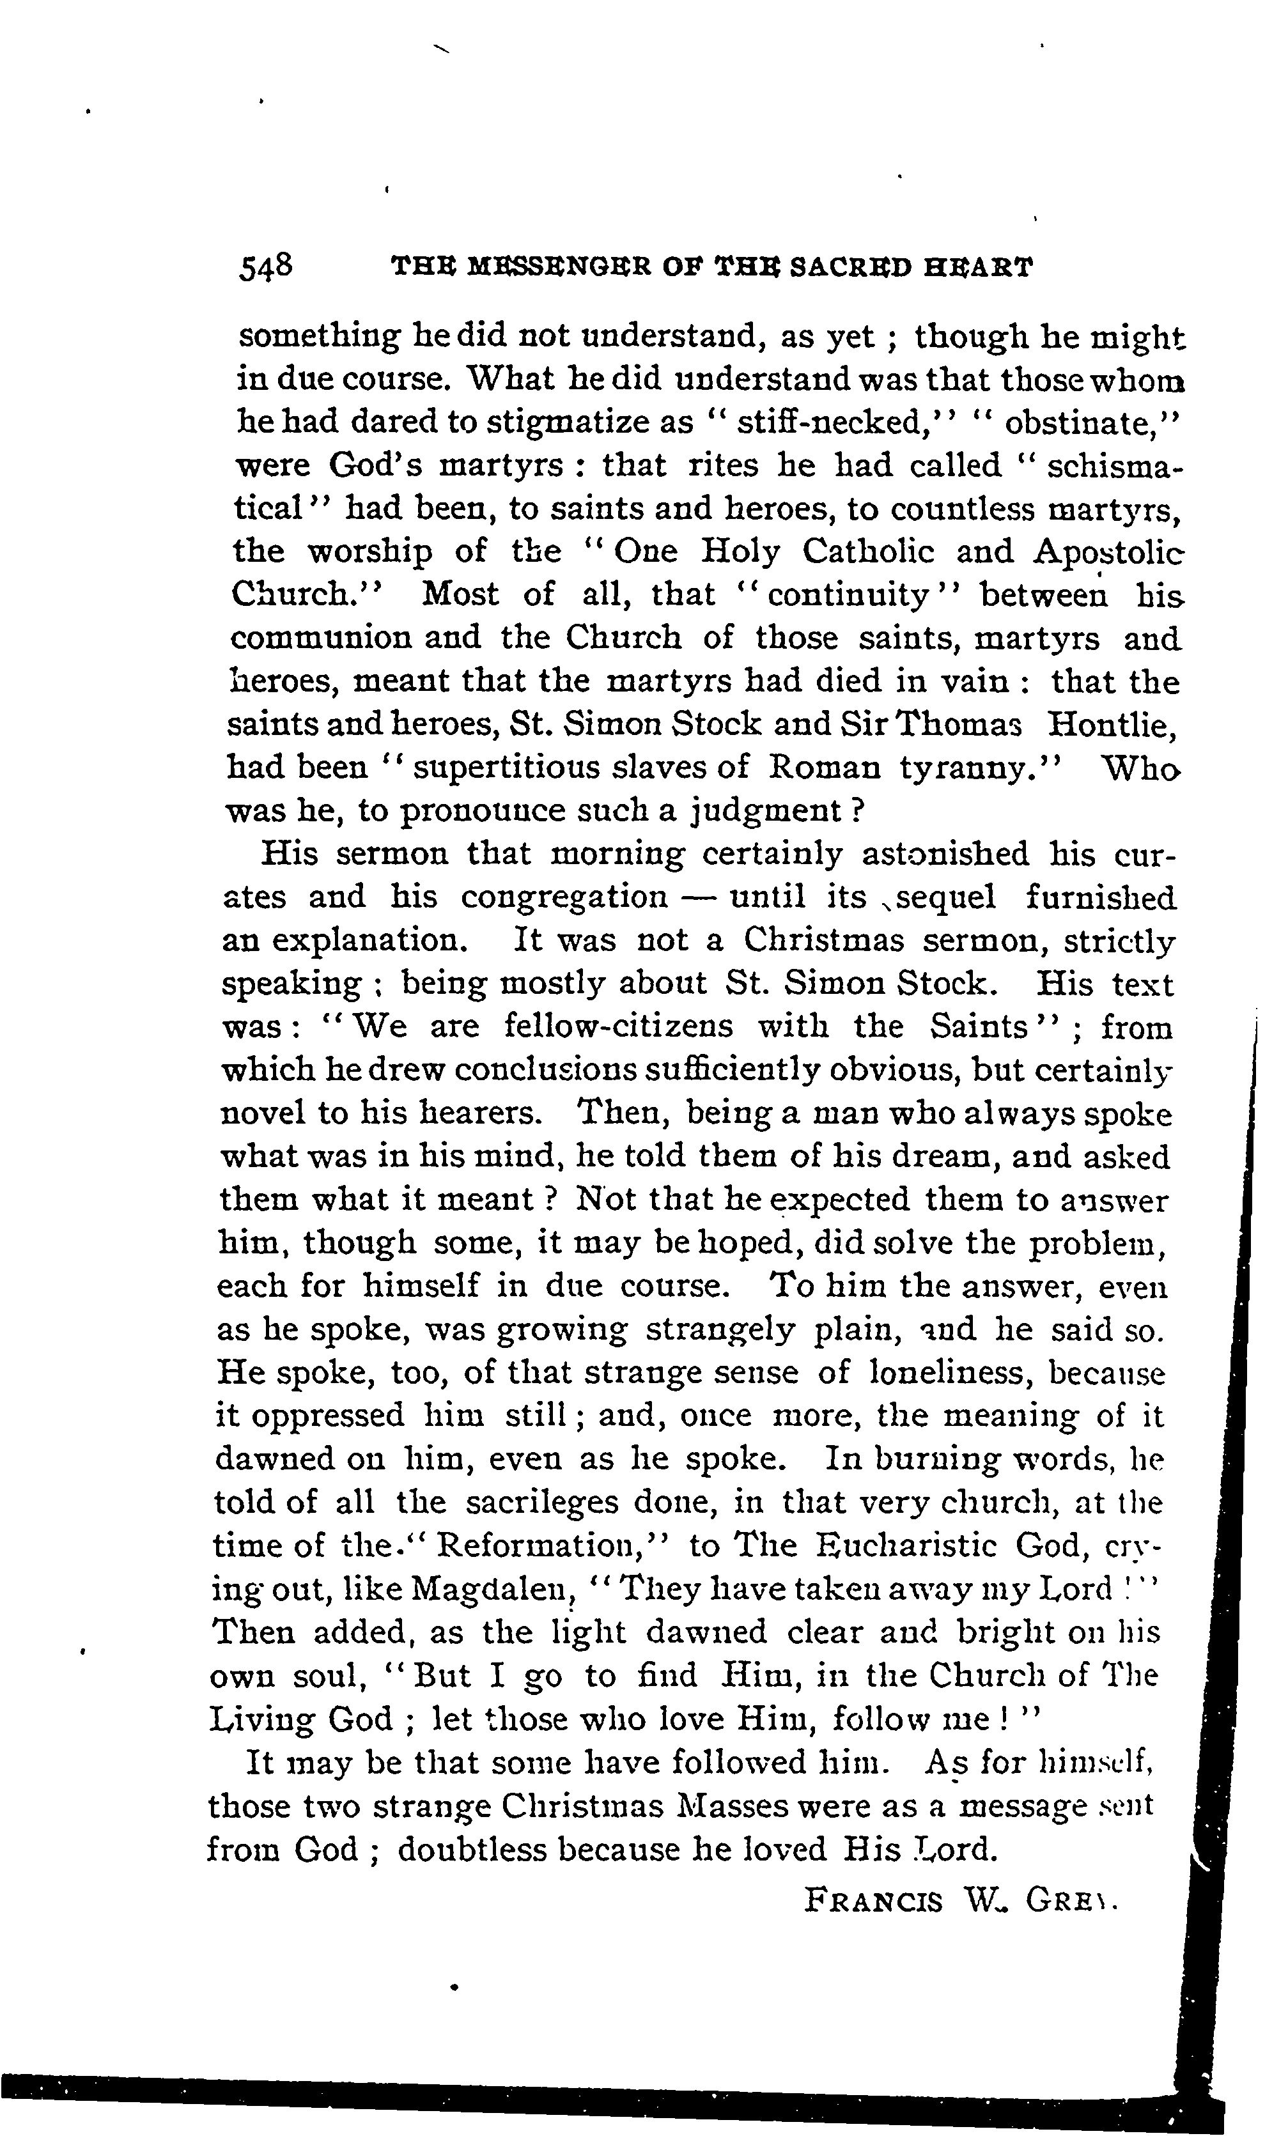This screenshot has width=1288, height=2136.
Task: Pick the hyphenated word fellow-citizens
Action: tap(618, 1027)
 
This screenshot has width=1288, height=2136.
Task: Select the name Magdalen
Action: tap(493, 1589)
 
